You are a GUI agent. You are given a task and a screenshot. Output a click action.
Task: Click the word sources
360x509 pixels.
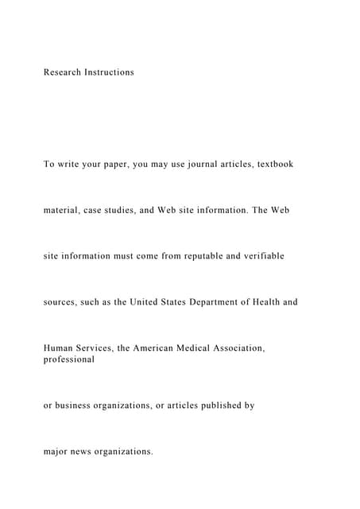[61, 303]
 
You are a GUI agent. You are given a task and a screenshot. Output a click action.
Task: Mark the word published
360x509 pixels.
[223, 406]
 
